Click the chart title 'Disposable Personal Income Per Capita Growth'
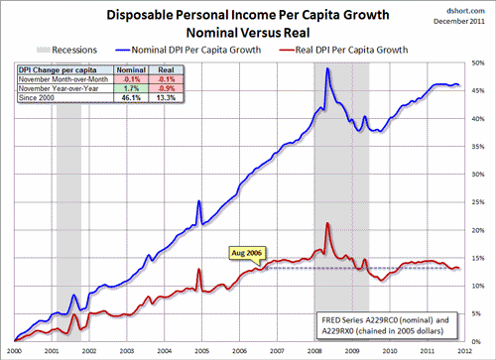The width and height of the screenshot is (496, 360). tap(248, 13)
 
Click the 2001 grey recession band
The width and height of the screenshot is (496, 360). tap(68, 198)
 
